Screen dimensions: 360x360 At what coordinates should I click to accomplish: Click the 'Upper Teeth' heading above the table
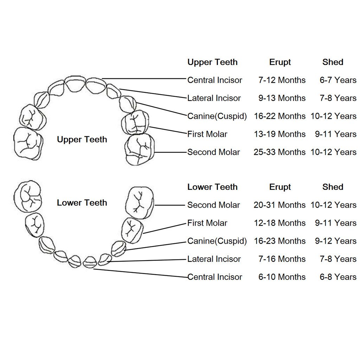(212, 62)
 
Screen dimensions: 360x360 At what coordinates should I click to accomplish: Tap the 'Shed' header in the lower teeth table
(333, 187)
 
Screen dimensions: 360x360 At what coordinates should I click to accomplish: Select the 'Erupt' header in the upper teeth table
(280, 63)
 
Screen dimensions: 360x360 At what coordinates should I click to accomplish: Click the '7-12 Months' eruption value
(282, 80)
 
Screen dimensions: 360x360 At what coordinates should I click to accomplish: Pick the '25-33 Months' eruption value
(279, 152)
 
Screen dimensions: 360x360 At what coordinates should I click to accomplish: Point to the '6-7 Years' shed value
(338, 80)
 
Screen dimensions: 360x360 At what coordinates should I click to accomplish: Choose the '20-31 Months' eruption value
(279, 205)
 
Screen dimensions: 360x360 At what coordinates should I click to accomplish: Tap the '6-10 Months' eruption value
(282, 277)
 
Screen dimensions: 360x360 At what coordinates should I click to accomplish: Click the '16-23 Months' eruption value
(279, 241)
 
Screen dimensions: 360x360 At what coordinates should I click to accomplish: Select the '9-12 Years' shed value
(336, 241)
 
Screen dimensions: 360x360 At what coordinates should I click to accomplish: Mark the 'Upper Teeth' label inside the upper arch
(82, 140)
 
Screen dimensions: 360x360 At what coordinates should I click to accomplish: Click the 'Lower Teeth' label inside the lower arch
(82, 203)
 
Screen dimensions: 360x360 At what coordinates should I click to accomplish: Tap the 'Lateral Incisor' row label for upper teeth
(214, 98)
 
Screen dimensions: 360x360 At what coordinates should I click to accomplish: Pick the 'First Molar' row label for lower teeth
(207, 223)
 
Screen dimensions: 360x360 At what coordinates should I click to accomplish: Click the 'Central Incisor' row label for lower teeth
(215, 277)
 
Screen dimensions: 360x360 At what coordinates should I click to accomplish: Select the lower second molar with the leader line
(140, 202)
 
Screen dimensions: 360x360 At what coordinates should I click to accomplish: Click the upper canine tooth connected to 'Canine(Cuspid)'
(128, 104)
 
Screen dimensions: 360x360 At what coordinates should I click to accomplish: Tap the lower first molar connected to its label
(132, 230)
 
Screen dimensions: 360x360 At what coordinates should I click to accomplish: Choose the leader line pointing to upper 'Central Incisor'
(144, 78)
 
